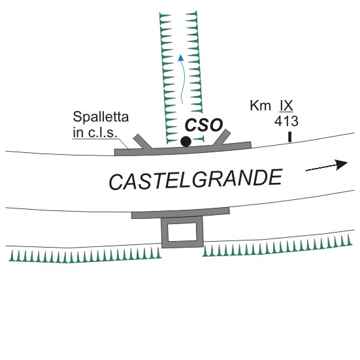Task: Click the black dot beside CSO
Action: [x=186, y=141]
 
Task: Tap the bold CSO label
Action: [x=204, y=125]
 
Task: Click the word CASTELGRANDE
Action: [x=195, y=179]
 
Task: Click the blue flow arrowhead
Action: [x=181, y=57]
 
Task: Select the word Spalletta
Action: [x=101, y=117]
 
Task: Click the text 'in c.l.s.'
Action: [x=95, y=133]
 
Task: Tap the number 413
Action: [x=286, y=122]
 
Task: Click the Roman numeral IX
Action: [x=286, y=106]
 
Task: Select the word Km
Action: [x=260, y=106]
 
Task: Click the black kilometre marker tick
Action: [x=290, y=137]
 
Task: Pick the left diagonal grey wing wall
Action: [x=142, y=141]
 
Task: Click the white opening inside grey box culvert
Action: [x=182, y=232]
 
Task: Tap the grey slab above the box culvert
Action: [x=181, y=213]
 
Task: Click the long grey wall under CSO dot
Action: [x=183, y=149]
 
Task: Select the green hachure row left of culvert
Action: [x=85, y=255]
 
